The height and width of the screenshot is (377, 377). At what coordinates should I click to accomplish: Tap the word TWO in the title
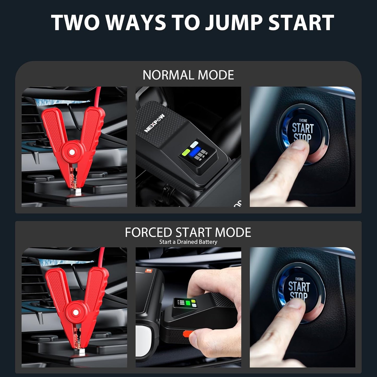(x=75, y=22)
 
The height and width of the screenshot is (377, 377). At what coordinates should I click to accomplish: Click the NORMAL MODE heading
(x=188, y=75)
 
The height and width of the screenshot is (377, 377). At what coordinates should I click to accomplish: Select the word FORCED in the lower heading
(x=148, y=232)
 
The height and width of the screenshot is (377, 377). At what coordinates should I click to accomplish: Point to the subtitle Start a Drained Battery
(x=188, y=242)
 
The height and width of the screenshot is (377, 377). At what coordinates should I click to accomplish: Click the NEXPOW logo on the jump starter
(x=154, y=123)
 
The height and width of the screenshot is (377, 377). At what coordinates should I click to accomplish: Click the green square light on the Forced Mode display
(x=188, y=303)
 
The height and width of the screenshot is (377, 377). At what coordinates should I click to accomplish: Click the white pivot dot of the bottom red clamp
(x=75, y=312)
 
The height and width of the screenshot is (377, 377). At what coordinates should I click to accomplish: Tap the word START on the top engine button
(x=303, y=128)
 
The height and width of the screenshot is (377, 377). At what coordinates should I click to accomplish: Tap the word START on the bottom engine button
(x=299, y=286)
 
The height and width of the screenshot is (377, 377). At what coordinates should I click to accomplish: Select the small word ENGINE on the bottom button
(x=299, y=279)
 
